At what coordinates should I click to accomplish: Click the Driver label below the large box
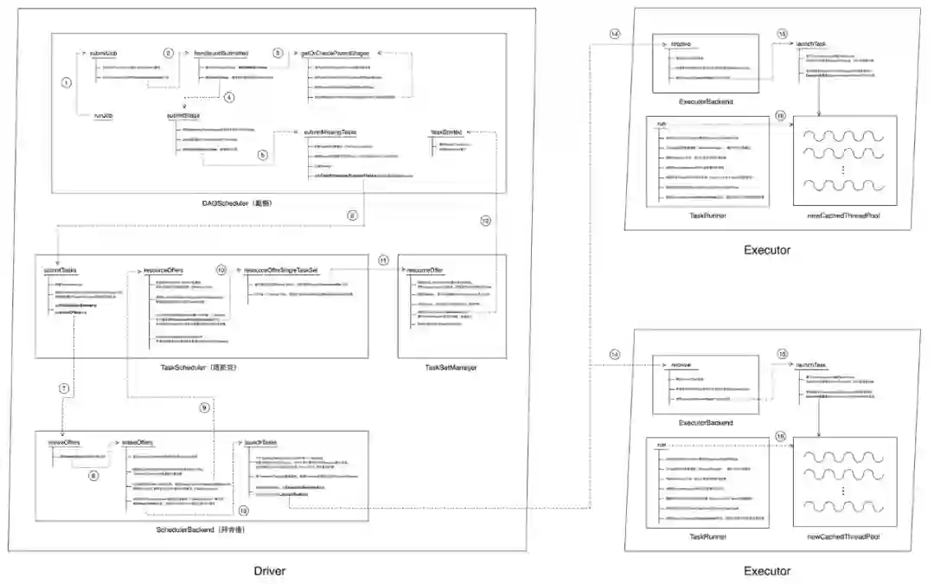(x=269, y=571)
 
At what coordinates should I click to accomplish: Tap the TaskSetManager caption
(x=451, y=368)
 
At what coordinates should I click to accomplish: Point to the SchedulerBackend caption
(x=201, y=529)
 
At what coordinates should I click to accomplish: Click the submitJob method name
(x=104, y=54)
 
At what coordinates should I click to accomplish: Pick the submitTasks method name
(x=61, y=271)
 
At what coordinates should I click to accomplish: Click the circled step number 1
(x=66, y=82)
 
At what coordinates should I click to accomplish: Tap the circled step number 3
(x=278, y=53)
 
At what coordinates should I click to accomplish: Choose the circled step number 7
(x=63, y=388)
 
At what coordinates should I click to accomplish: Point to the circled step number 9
(x=205, y=407)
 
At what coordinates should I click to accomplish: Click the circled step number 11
(x=384, y=260)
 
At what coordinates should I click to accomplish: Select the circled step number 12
(x=485, y=221)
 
